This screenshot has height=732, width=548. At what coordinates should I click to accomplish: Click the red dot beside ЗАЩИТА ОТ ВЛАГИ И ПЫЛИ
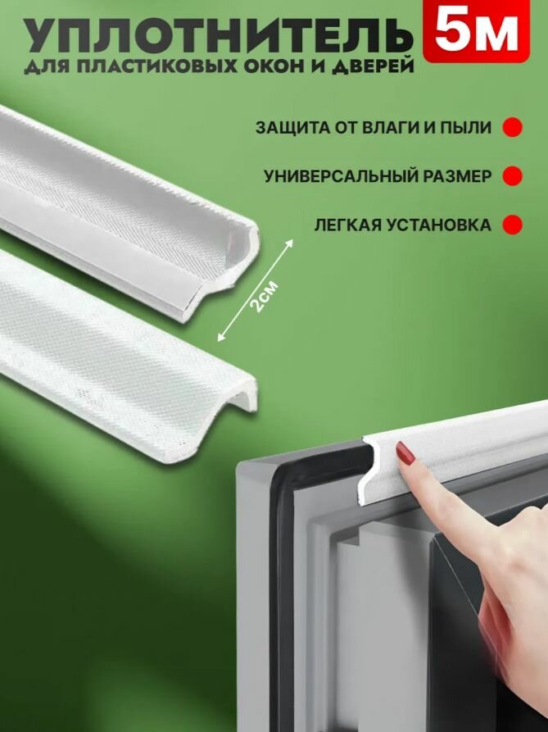(512, 128)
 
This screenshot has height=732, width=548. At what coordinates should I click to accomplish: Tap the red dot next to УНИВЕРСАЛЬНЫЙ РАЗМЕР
(512, 175)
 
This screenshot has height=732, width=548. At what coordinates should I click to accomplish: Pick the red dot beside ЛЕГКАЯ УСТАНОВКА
(512, 224)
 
